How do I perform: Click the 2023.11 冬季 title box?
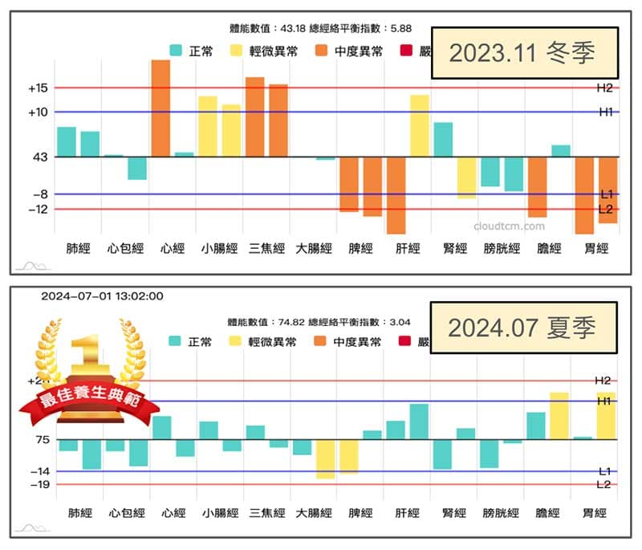click(524, 54)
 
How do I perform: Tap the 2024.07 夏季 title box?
click(524, 328)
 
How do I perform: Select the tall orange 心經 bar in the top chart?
click(160, 108)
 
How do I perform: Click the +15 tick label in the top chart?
click(38, 88)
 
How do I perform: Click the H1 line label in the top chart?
click(605, 112)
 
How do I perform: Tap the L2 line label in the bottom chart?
click(603, 484)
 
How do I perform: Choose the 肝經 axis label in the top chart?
click(408, 249)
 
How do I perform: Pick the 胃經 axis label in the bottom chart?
click(594, 513)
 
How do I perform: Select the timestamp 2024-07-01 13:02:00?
click(102, 295)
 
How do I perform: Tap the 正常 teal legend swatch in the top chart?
click(177, 51)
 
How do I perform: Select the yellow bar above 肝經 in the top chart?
click(420, 125)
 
